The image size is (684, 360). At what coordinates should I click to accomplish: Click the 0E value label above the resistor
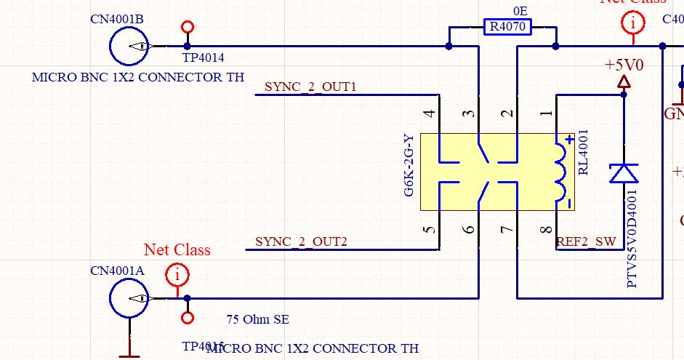pyautogui.click(x=520, y=12)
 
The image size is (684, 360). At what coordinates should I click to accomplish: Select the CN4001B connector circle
pyautogui.click(x=129, y=47)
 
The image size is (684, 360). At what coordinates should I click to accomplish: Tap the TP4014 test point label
pyautogui.click(x=203, y=57)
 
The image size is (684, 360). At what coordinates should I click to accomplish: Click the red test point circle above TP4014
pyautogui.click(x=188, y=28)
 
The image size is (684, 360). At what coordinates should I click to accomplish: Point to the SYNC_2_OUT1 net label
pyautogui.click(x=310, y=87)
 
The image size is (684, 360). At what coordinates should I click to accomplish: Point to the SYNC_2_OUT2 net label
pyautogui.click(x=301, y=241)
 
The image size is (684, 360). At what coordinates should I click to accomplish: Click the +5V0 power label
pyautogui.click(x=624, y=65)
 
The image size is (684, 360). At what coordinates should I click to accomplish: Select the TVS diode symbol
pyautogui.click(x=624, y=173)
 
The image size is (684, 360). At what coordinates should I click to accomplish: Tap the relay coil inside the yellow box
pyautogui.click(x=562, y=172)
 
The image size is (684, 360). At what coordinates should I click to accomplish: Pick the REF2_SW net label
pyautogui.click(x=585, y=241)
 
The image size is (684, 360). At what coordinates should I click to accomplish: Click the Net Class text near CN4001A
pyautogui.click(x=177, y=250)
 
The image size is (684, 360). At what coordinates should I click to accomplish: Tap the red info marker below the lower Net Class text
pyautogui.click(x=177, y=276)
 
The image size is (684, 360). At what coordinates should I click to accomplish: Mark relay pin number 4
pyautogui.click(x=430, y=113)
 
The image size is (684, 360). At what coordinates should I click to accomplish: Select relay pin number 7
pyautogui.click(x=508, y=230)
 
